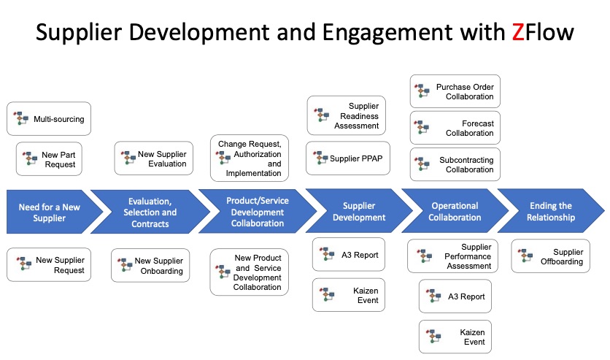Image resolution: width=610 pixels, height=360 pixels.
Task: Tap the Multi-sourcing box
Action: (49, 118)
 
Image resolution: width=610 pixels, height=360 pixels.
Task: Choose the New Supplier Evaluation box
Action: (154, 158)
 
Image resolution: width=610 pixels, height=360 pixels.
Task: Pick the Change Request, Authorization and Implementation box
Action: (250, 158)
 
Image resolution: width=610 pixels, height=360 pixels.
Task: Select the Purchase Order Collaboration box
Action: (455, 92)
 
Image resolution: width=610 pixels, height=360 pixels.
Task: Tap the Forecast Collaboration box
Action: (455, 129)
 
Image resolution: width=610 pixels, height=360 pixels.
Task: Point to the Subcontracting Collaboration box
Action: (455, 165)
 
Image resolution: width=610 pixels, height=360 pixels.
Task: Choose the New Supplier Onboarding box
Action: (150, 265)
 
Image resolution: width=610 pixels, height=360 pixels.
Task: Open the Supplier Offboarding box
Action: (550, 256)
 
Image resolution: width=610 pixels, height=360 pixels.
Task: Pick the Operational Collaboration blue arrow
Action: (454, 212)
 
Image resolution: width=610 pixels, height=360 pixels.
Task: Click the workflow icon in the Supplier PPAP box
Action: (320, 158)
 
